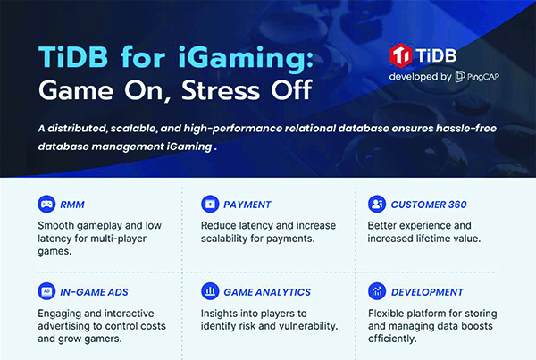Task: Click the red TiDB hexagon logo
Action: point(400,55)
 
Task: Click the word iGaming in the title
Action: point(245,57)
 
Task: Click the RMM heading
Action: point(72,205)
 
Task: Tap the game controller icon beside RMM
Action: point(46,204)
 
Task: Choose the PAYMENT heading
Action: point(247,205)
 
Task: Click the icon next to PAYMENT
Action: point(210,204)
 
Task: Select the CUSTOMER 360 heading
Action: point(429,205)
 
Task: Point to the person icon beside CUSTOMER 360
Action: point(377,204)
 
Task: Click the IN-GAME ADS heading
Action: point(94,292)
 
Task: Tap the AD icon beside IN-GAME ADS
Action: point(46,291)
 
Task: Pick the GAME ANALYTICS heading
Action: point(267,292)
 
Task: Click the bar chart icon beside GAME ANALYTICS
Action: point(210,291)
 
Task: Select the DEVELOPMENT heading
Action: point(427,292)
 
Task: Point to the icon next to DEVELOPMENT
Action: point(377,291)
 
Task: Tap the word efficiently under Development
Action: point(392,339)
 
